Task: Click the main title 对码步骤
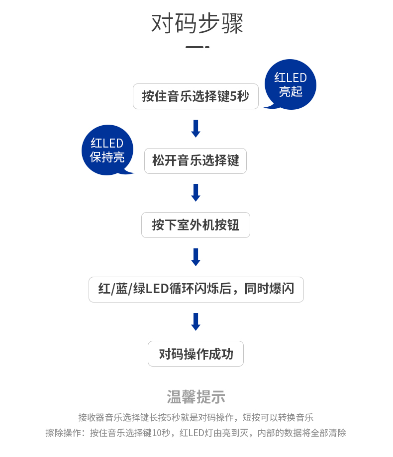point(197,23)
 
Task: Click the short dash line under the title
point(197,47)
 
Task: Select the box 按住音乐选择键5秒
point(196,96)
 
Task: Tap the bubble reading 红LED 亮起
point(290,84)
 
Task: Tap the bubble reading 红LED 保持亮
point(107,150)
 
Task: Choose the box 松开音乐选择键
point(196,161)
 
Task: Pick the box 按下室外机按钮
point(196,225)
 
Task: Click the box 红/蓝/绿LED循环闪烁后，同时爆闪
point(196,290)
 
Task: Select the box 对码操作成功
point(196,354)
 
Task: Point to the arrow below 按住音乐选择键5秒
point(196,128)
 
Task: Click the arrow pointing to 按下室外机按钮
point(196,193)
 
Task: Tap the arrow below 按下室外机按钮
point(196,257)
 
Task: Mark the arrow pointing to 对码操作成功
point(196,322)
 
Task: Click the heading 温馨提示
point(196,397)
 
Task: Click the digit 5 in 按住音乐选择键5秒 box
point(233,96)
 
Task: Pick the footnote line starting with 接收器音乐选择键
point(196,417)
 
